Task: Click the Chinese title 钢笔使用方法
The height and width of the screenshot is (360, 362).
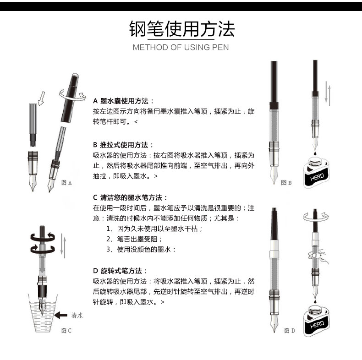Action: pyautogui.click(x=182, y=29)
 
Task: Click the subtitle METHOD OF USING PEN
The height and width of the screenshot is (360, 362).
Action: pyautogui.click(x=181, y=47)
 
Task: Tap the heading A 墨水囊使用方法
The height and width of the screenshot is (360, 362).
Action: pyautogui.click(x=123, y=101)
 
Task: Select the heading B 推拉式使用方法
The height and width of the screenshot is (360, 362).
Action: pyautogui.click(x=123, y=145)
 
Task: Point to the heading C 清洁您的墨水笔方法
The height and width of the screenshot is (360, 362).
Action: pyautogui.click(x=130, y=197)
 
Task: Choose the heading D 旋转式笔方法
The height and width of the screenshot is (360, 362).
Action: pyautogui.click(x=120, y=271)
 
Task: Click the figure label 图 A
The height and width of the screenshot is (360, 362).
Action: pyautogui.click(x=66, y=183)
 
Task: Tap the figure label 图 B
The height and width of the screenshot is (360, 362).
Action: pyautogui.click(x=286, y=183)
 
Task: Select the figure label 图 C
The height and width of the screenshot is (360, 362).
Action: pyautogui.click(x=66, y=331)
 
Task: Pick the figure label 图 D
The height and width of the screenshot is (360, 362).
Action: pyautogui.click(x=290, y=331)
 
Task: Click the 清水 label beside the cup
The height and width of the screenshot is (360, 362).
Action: pyautogui.click(x=77, y=315)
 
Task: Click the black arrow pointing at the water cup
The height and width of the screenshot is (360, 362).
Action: pyautogui.click(x=61, y=315)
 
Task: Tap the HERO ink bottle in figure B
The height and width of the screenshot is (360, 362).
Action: pyautogui.click(x=316, y=172)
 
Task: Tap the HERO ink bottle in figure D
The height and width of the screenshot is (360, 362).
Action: pyautogui.click(x=316, y=320)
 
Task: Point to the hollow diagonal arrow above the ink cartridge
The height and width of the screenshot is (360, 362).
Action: pyautogui.click(x=41, y=98)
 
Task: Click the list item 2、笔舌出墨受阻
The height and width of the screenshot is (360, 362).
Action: pyautogui.click(x=134, y=239)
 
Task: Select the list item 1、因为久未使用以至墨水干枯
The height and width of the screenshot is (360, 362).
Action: pyautogui.click(x=154, y=229)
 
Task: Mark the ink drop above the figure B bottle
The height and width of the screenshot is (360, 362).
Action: pyautogui.click(x=315, y=153)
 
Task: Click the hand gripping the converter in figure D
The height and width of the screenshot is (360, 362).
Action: pyautogui.click(x=318, y=256)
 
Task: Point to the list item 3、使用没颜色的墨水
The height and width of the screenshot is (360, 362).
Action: pyautogui.click(x=141, y=250)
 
